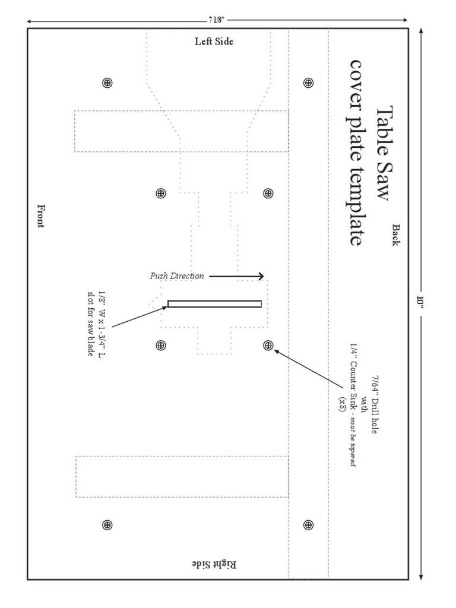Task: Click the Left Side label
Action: pos(214,42)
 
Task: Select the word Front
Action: pos(40,216)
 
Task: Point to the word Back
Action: pos(396,235)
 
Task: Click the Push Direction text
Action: pos(176,276)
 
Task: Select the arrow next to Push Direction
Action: pos(236,276)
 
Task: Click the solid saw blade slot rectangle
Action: pos(214,304)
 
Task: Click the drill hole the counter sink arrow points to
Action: pos(268,345)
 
